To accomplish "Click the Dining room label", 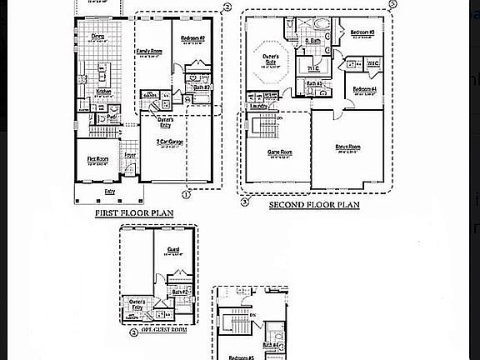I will pyautogui.click(x=98, y=37).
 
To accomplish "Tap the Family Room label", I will pyautogui.click(x=150, y=52).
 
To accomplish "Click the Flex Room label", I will pyautogui.click(x=98, y=157).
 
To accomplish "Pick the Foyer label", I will pyautogui.click(x=131, y=154).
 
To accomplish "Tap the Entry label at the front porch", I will pyautogui.click(x=109, y=192).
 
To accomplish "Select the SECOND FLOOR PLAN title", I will pyautogui.click(x=314, y=204).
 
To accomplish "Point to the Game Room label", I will pyautogui.click(x=279, y=152).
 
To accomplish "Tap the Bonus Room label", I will pyautogui.click(x=347, y=147).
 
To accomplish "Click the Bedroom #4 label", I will pyautogui.click(x=364, y=88).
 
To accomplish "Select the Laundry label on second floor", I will pyautogui.click(x=257, y=107).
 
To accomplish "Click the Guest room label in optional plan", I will pyautogui.click(x=172, y=249).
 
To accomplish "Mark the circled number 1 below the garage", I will pyautogui.click(x=186, y=194).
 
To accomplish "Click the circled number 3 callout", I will pyautogui.click(x=245, y=201).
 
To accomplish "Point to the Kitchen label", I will pyautogui.click(x=104, y=92).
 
